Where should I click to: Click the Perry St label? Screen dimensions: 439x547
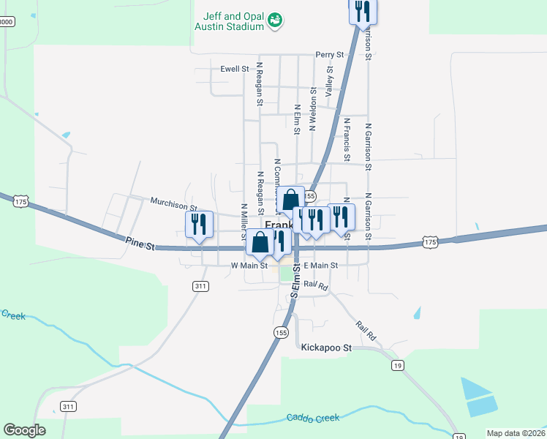click(x=329, y=55)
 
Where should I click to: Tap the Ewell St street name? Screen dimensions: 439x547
click(x=235, y=70)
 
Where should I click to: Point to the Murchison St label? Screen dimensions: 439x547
click(x=174, y=200)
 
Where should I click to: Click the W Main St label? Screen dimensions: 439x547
click(x=249, y=266)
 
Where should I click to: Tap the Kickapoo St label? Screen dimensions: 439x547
click(x=326, y=348)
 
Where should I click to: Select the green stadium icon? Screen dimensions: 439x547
click(x=274, y=20)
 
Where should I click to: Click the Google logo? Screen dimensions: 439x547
click(x=24, y=429)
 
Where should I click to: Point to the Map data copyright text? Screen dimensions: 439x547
click(x=516, y=433)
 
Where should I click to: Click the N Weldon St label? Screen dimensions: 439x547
click(x=313, y=108)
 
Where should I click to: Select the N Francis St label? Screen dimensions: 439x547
click(x=347, y=139)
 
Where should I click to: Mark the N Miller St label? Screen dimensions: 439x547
click(x=244, y=220)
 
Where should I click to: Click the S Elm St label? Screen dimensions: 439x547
click(x=297, y=282)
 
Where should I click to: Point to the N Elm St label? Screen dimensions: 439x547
click(x=297, y=119)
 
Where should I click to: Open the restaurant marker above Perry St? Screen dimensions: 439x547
click(x=362, y=11)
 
